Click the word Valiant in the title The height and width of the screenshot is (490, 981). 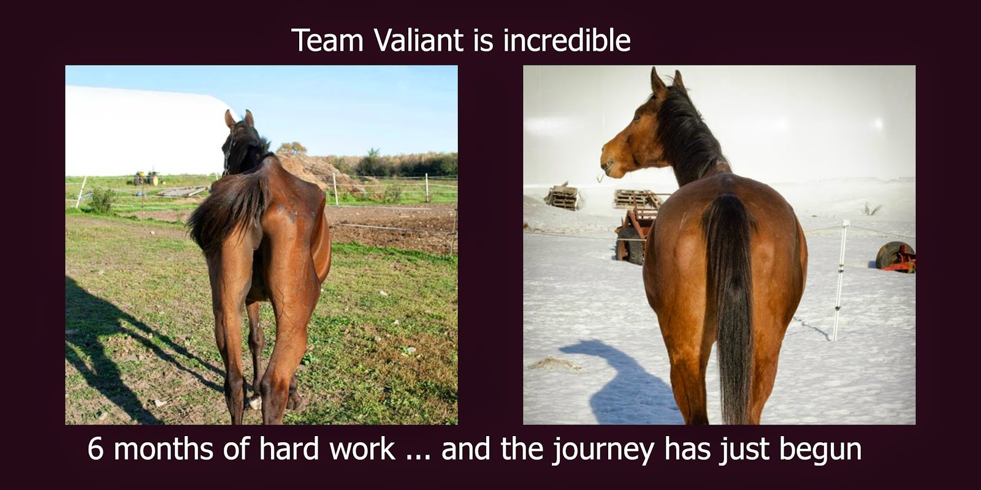419,40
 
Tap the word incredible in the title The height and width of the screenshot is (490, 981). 567,40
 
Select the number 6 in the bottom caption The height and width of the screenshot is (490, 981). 95,450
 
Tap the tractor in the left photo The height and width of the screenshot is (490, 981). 147,178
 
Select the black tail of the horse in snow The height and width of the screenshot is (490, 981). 729,306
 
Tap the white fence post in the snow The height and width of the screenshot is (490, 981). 840,280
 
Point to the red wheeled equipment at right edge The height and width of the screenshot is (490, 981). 896,257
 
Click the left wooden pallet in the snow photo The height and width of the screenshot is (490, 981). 563,197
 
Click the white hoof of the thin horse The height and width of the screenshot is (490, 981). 255,402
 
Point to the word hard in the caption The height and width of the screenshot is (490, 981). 289,450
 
